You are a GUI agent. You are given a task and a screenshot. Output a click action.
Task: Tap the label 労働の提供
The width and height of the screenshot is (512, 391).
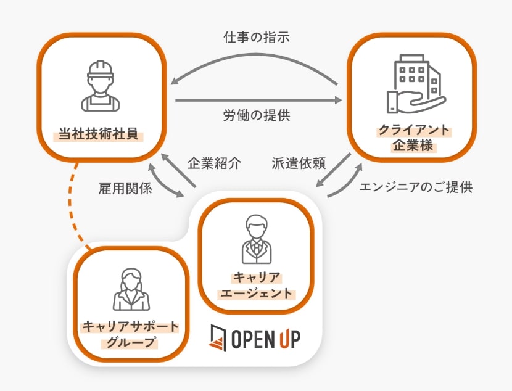point(256,115)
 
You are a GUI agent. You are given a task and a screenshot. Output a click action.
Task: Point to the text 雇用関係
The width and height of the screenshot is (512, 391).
point(125,189)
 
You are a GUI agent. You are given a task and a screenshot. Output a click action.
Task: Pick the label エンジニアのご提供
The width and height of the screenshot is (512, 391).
point(416,187)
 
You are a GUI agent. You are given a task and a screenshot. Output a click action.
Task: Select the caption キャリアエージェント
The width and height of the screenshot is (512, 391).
point(256,285)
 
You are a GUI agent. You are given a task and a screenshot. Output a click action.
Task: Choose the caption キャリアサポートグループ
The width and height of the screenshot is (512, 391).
point(130,334)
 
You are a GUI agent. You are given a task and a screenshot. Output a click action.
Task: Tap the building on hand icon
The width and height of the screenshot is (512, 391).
point(414,86)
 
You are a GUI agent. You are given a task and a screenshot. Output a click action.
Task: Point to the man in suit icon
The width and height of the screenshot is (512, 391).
point(255,238)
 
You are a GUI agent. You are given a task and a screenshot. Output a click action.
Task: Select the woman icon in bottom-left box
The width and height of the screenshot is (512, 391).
point(131,290)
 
